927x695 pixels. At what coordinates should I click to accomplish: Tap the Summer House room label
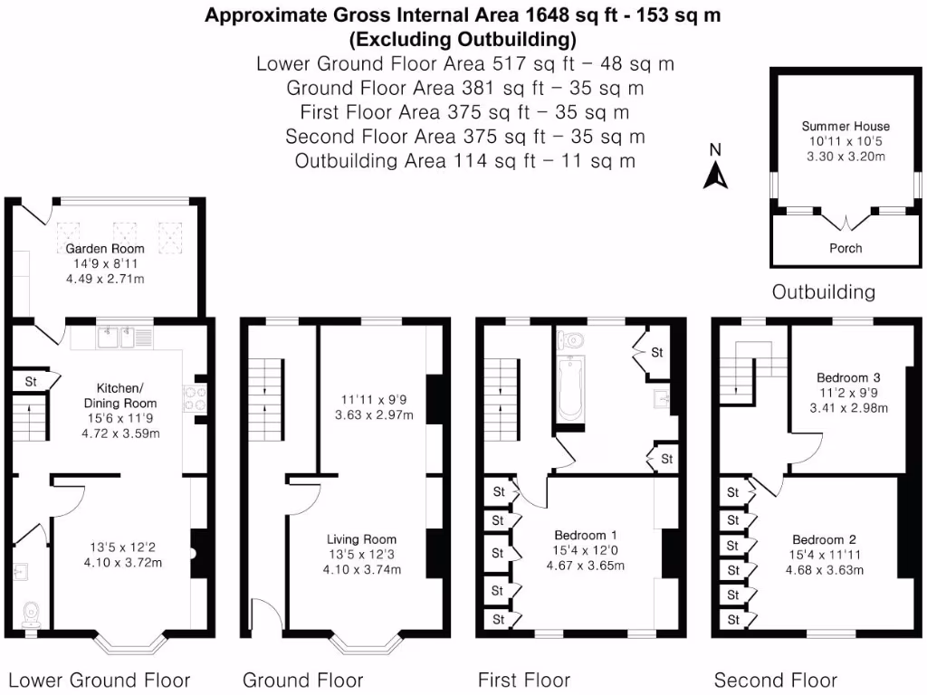pyautogui.click(x=846, y=126)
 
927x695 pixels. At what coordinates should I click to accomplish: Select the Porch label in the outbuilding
pyautogui.click(x=846, y=248)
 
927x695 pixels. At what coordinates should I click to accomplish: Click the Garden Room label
pyautogui.click(x=105, y=249)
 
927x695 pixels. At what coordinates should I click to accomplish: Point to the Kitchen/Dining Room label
pyautogui.click(x=120, y=395)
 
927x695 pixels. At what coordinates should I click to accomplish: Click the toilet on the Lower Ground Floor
pyautogui.click(x=31, y=614)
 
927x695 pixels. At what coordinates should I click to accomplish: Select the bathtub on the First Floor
pyautogui.click(x=571, y=388)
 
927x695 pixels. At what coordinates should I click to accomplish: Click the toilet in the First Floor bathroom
pyautogui.click(x=570, y=341)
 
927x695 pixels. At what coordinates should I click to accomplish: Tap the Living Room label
pyautogui.click(x=361, y=539)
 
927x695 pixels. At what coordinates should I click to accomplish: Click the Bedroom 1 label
pyautogui.click(x=586, y=535)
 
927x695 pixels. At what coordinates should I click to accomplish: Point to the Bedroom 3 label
pyautogui.click(x=848, y=377)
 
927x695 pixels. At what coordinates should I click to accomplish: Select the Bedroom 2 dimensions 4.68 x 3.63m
pyautogui.click(x=824, y=570)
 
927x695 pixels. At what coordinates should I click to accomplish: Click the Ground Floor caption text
pyautogui.click(x=302, y=681)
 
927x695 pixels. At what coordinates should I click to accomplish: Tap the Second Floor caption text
pyautogui.click(x=775, y=681)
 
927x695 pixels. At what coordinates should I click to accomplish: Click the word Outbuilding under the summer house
pyautogui.click(x=824, y=292)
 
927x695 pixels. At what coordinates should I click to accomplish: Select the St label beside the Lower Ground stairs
pyautogui.click(x=31, y=382)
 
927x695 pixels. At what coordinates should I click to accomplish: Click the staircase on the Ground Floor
pyautogui.click(x=265, y=399)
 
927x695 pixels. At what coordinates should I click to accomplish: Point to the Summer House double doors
pyautogui.click(x=846, y=222)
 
